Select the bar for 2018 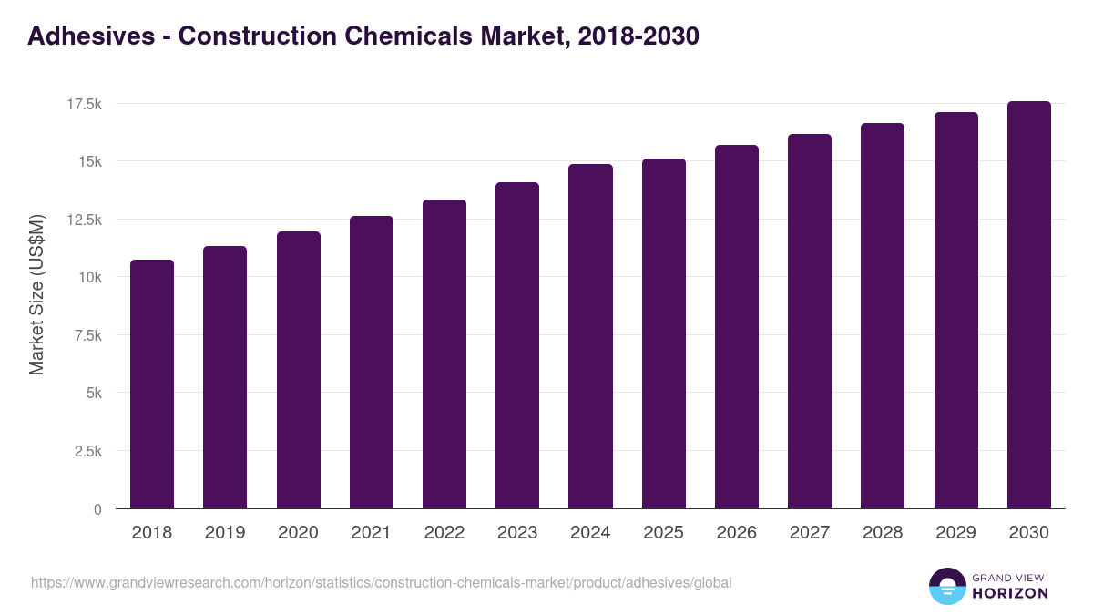(x=152, y=384)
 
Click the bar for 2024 (x=590, y=336)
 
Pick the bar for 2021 (x=371, y=362)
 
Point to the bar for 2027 (x=810, y=321)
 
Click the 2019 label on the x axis (x=225, y=533)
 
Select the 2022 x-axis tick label (x=444, y=533)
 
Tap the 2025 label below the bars (x=663, y=533)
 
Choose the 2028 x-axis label (x=883, y=533)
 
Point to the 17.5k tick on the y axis (x=84, y=105)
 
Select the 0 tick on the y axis (x=97, y=509)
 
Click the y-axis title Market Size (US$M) (x=36, y=295)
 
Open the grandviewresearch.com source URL (x=381, y=582)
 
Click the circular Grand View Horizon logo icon (x=946, y=586)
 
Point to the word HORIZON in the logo (x=1009, y=593)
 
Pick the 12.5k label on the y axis (x=84, y=220)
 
